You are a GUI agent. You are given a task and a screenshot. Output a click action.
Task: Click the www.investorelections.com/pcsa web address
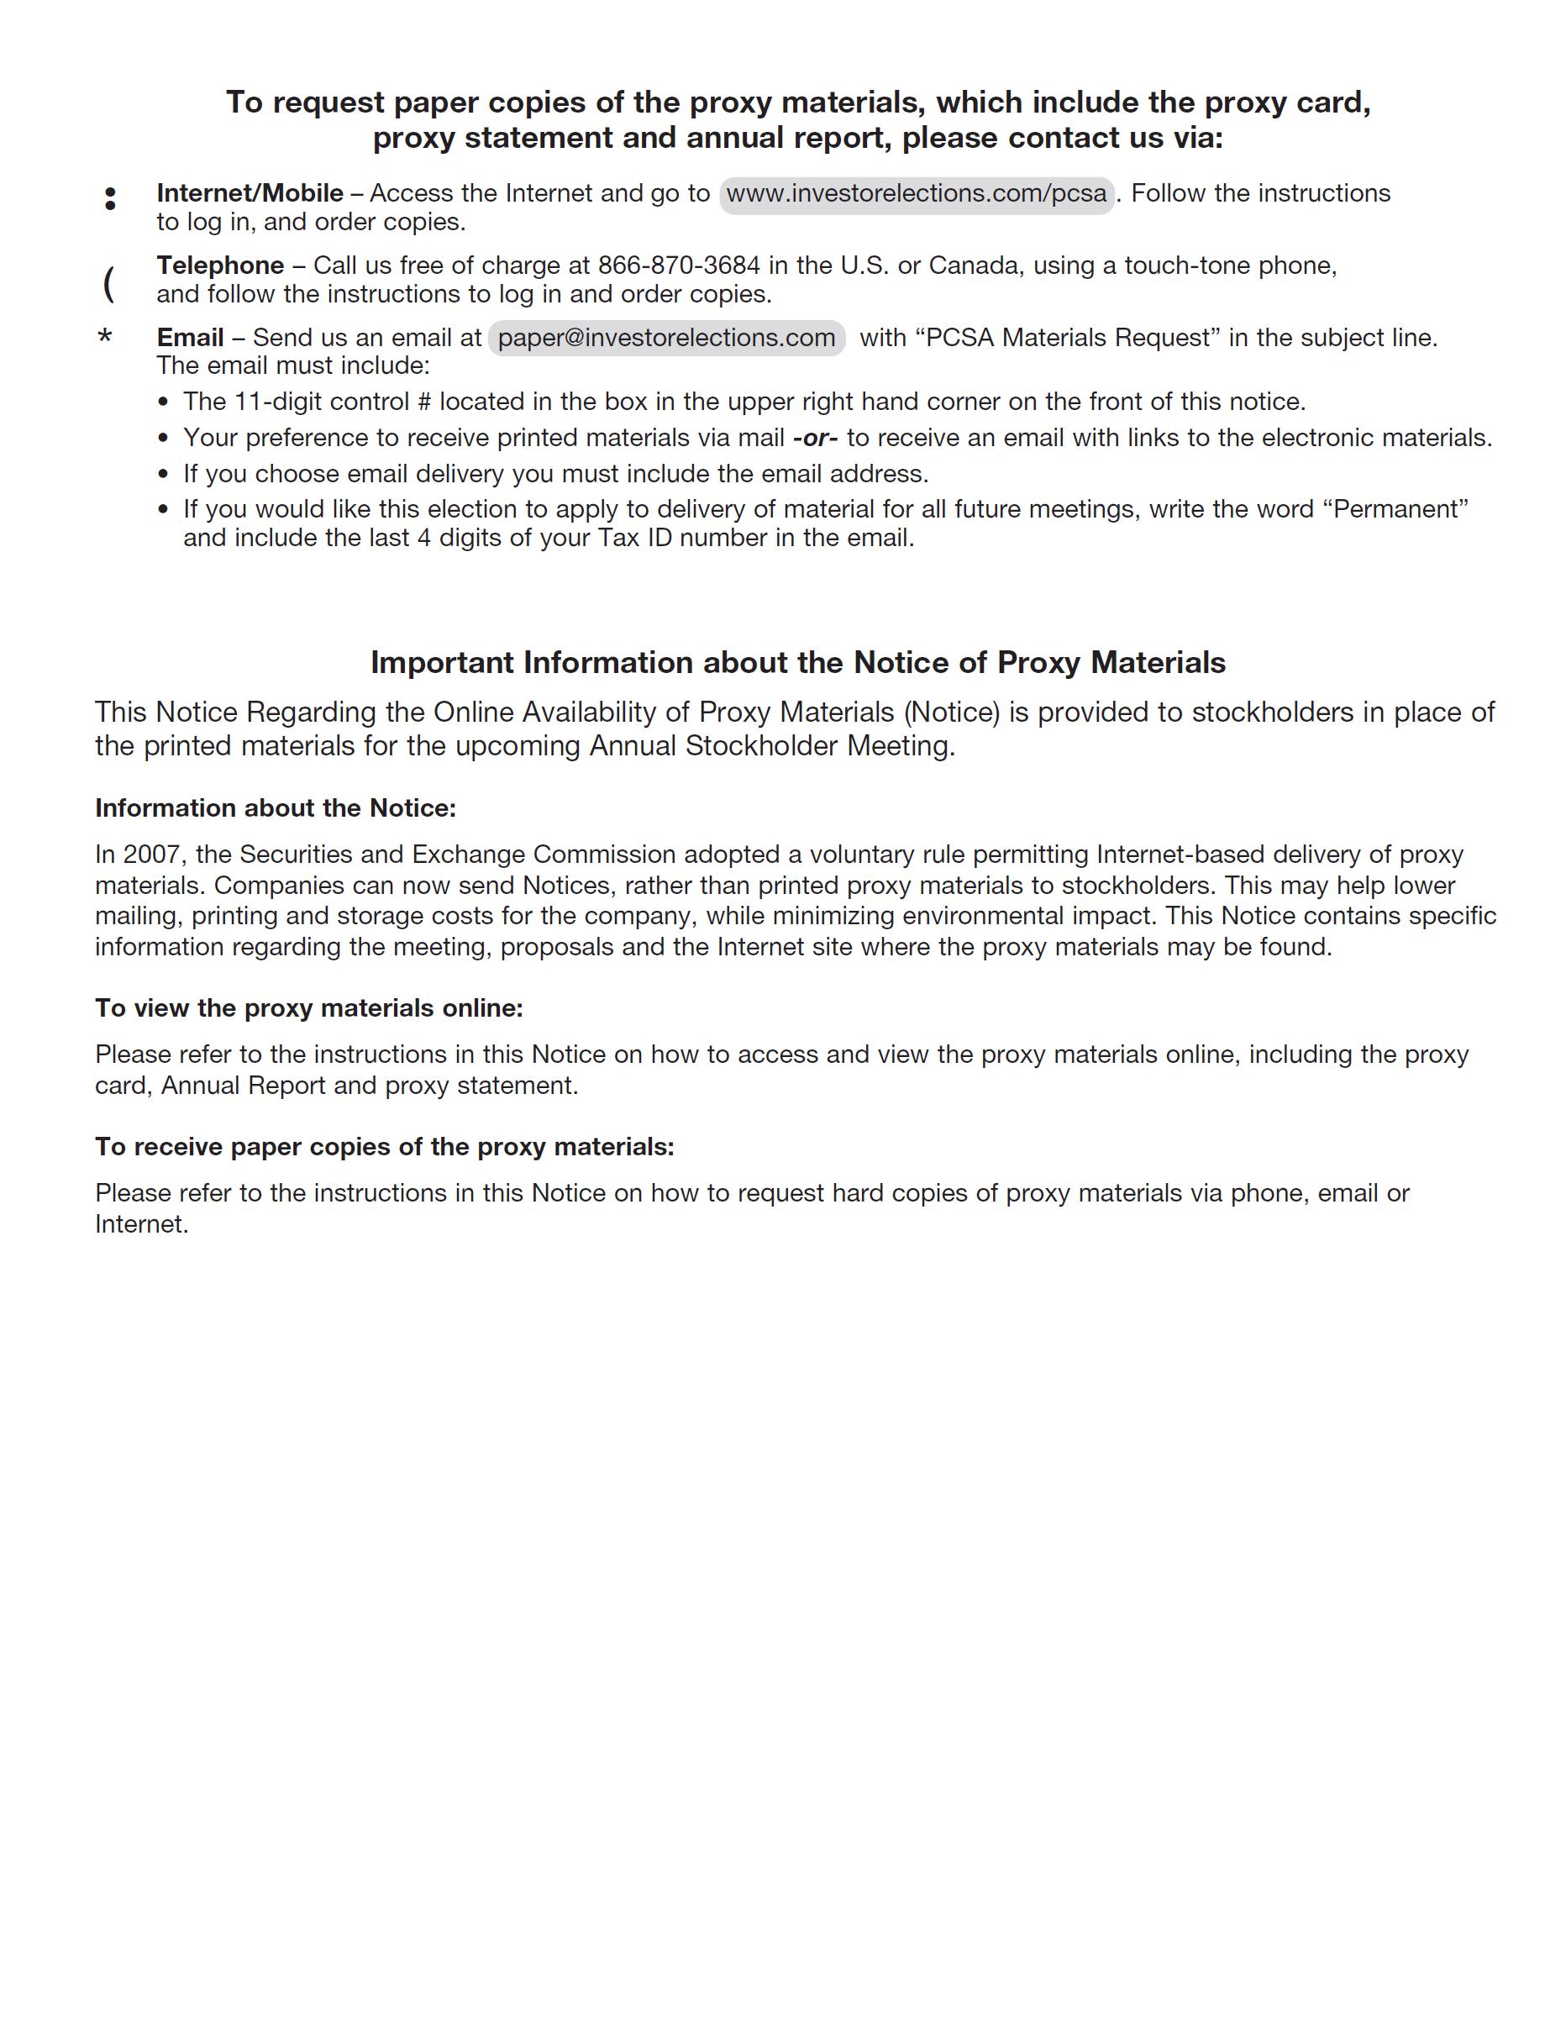pos(917,193)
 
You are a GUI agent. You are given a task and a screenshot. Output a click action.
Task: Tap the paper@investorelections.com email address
pos(666,338)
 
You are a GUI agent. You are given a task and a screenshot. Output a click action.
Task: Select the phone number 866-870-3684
pos(679,266)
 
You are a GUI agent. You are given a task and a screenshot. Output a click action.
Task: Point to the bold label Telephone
pos(220,266)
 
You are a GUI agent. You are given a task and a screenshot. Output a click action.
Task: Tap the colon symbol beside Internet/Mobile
pos(111,198)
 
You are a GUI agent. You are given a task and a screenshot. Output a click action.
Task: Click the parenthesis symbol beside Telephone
pos(108,282)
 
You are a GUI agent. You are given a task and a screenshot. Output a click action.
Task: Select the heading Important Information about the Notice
pos(797,663)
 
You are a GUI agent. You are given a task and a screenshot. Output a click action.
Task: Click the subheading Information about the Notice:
pos(275,808)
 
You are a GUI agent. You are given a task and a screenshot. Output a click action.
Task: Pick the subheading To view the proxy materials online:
pos(308,1008)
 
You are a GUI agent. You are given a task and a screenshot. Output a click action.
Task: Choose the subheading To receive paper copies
pos(384,1147)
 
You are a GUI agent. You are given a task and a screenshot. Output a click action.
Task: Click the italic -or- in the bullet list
pos(815,438)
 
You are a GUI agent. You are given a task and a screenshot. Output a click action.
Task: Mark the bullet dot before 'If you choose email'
pos(164,475)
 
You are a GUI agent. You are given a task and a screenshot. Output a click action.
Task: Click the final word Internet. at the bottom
pos(141,1224)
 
